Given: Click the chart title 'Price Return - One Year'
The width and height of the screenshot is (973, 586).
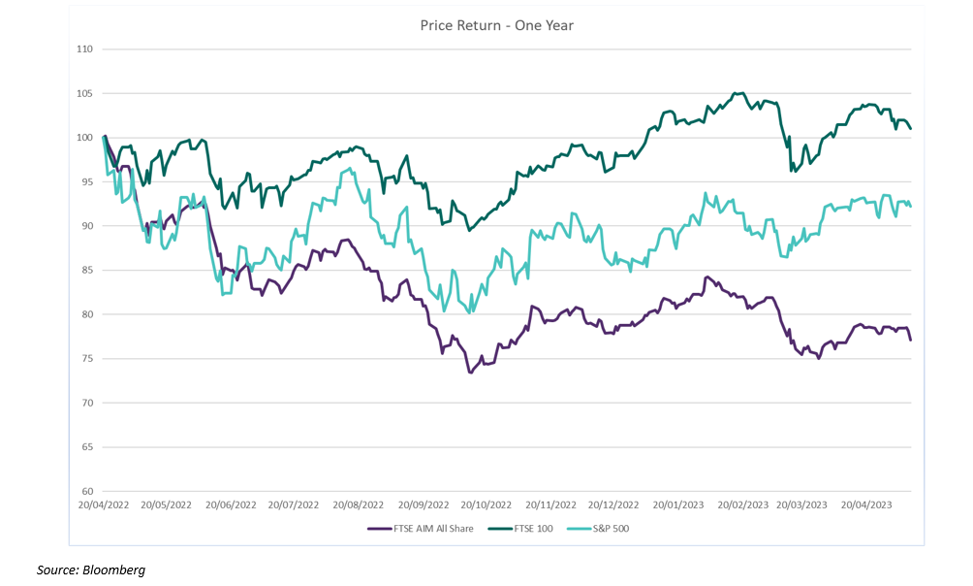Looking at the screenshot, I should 496,25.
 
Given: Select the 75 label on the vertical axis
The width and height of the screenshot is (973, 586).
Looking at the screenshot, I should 86,359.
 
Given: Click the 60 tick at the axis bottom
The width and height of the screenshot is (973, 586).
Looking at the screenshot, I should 86,491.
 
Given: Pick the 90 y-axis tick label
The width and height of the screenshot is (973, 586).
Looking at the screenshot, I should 86,226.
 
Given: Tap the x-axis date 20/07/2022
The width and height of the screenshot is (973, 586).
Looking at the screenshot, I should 293,505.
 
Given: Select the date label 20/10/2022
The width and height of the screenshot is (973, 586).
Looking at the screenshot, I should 486,505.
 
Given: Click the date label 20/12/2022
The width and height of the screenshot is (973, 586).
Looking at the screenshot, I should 612,505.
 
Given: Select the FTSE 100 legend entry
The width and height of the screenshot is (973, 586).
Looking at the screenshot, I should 524,529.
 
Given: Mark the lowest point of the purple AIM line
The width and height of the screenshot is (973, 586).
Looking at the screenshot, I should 471,373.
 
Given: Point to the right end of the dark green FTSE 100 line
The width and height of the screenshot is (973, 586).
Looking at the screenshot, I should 911,129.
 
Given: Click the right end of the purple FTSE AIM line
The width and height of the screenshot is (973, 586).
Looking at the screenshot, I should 911,340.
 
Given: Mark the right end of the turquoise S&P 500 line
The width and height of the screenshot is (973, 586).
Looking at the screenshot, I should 911,206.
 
